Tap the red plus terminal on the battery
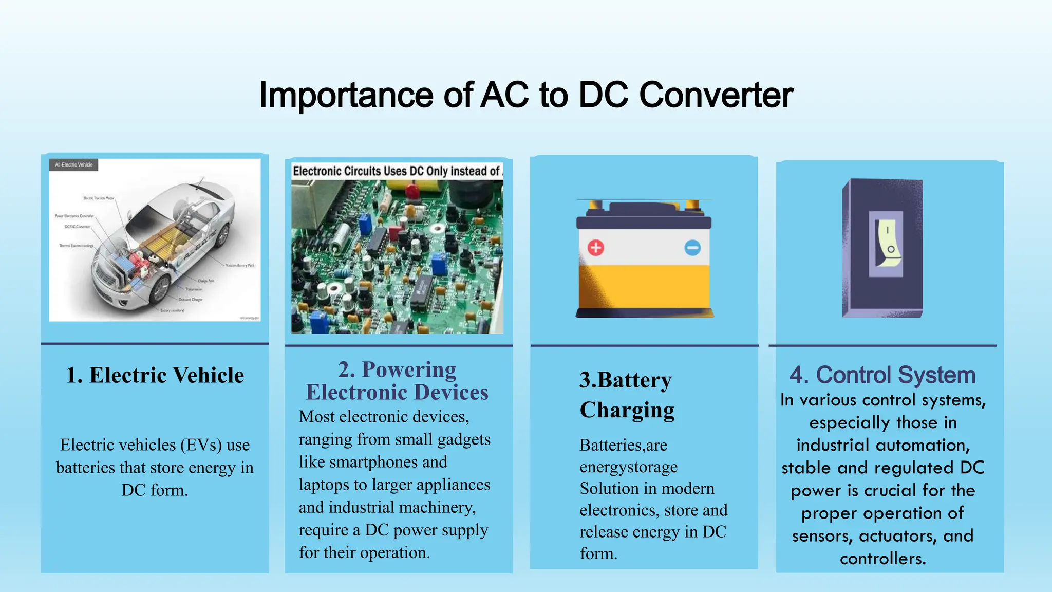coord(596,248)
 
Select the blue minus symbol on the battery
coord(692,248)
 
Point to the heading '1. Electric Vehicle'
coord(155,375)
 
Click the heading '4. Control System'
coord(882,375)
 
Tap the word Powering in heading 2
coord(409,369)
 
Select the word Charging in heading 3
coord(627,410)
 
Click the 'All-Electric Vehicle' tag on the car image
coord(74,165)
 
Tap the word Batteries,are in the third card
coord(623,445)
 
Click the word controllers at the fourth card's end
coord(882,559)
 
